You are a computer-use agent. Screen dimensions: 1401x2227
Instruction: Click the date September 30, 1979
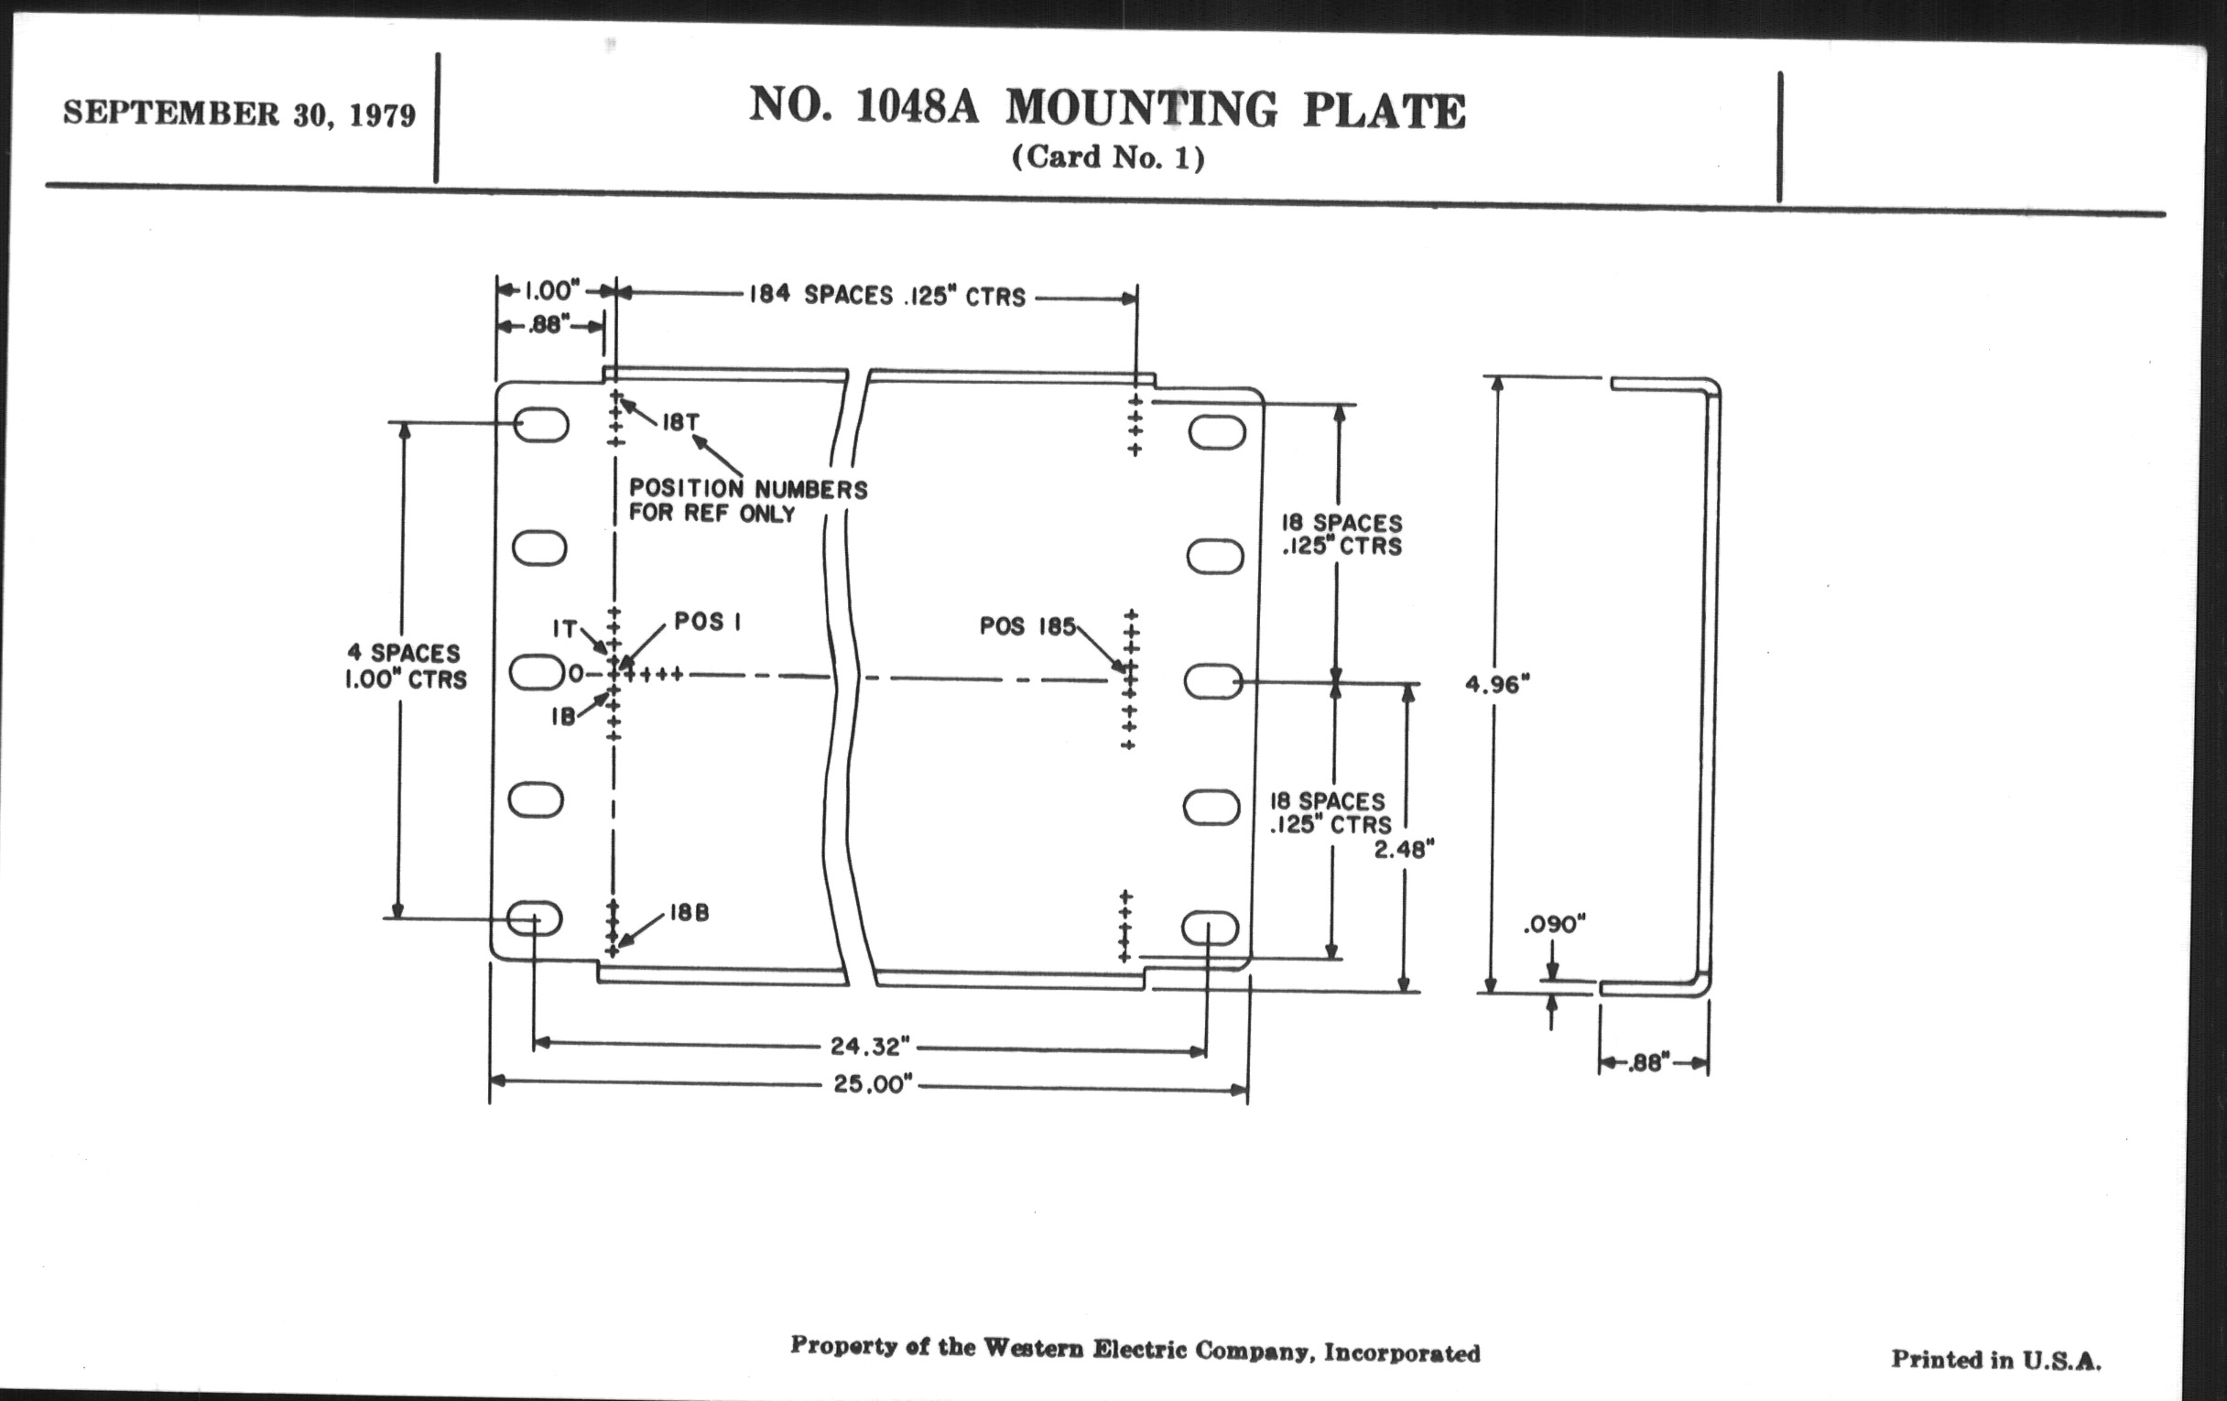tap(240, 114)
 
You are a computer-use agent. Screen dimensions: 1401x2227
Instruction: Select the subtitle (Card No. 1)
tap(1108, 157)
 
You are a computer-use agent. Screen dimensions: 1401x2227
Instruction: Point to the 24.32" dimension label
tap(869, 1046)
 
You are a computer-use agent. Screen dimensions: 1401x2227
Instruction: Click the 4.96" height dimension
tap(1497, 684)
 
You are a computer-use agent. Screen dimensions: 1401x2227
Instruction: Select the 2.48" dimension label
tap(1403, 849)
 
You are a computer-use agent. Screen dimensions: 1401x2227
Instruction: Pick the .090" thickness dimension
tap(1555, 924)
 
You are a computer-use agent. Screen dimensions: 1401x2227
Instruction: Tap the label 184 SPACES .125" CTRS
tap(887, 296)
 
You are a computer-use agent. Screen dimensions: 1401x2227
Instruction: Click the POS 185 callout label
tap(1027, 627)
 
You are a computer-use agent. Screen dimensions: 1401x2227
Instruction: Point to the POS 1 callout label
tap(708, 622)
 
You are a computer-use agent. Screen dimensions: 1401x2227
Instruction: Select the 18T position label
tap(679, 423)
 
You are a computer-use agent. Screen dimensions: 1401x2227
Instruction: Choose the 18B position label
tap(688, 913)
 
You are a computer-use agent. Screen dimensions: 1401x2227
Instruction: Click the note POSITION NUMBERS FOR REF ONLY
tap(747, 500)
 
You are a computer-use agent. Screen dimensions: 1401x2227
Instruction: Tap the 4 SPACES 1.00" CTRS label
tap(405, 666)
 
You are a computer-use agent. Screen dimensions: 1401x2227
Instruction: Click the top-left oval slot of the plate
tap(542, 427)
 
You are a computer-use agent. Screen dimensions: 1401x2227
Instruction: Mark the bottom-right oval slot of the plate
tap(1211, 928)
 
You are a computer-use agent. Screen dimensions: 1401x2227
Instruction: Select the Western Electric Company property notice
tap(1135, 1349)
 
